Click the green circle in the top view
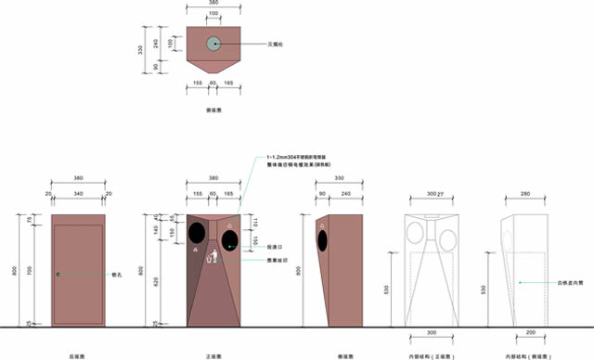point(214,43)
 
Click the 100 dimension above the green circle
point(214,14)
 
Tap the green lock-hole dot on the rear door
point(58,274)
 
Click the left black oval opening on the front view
point(198,231)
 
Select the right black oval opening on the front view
point(228,239)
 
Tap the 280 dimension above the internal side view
point(525,194)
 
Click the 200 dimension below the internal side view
point(530,332)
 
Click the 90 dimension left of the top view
point(155,65)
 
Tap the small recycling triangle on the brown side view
point(322,224)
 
